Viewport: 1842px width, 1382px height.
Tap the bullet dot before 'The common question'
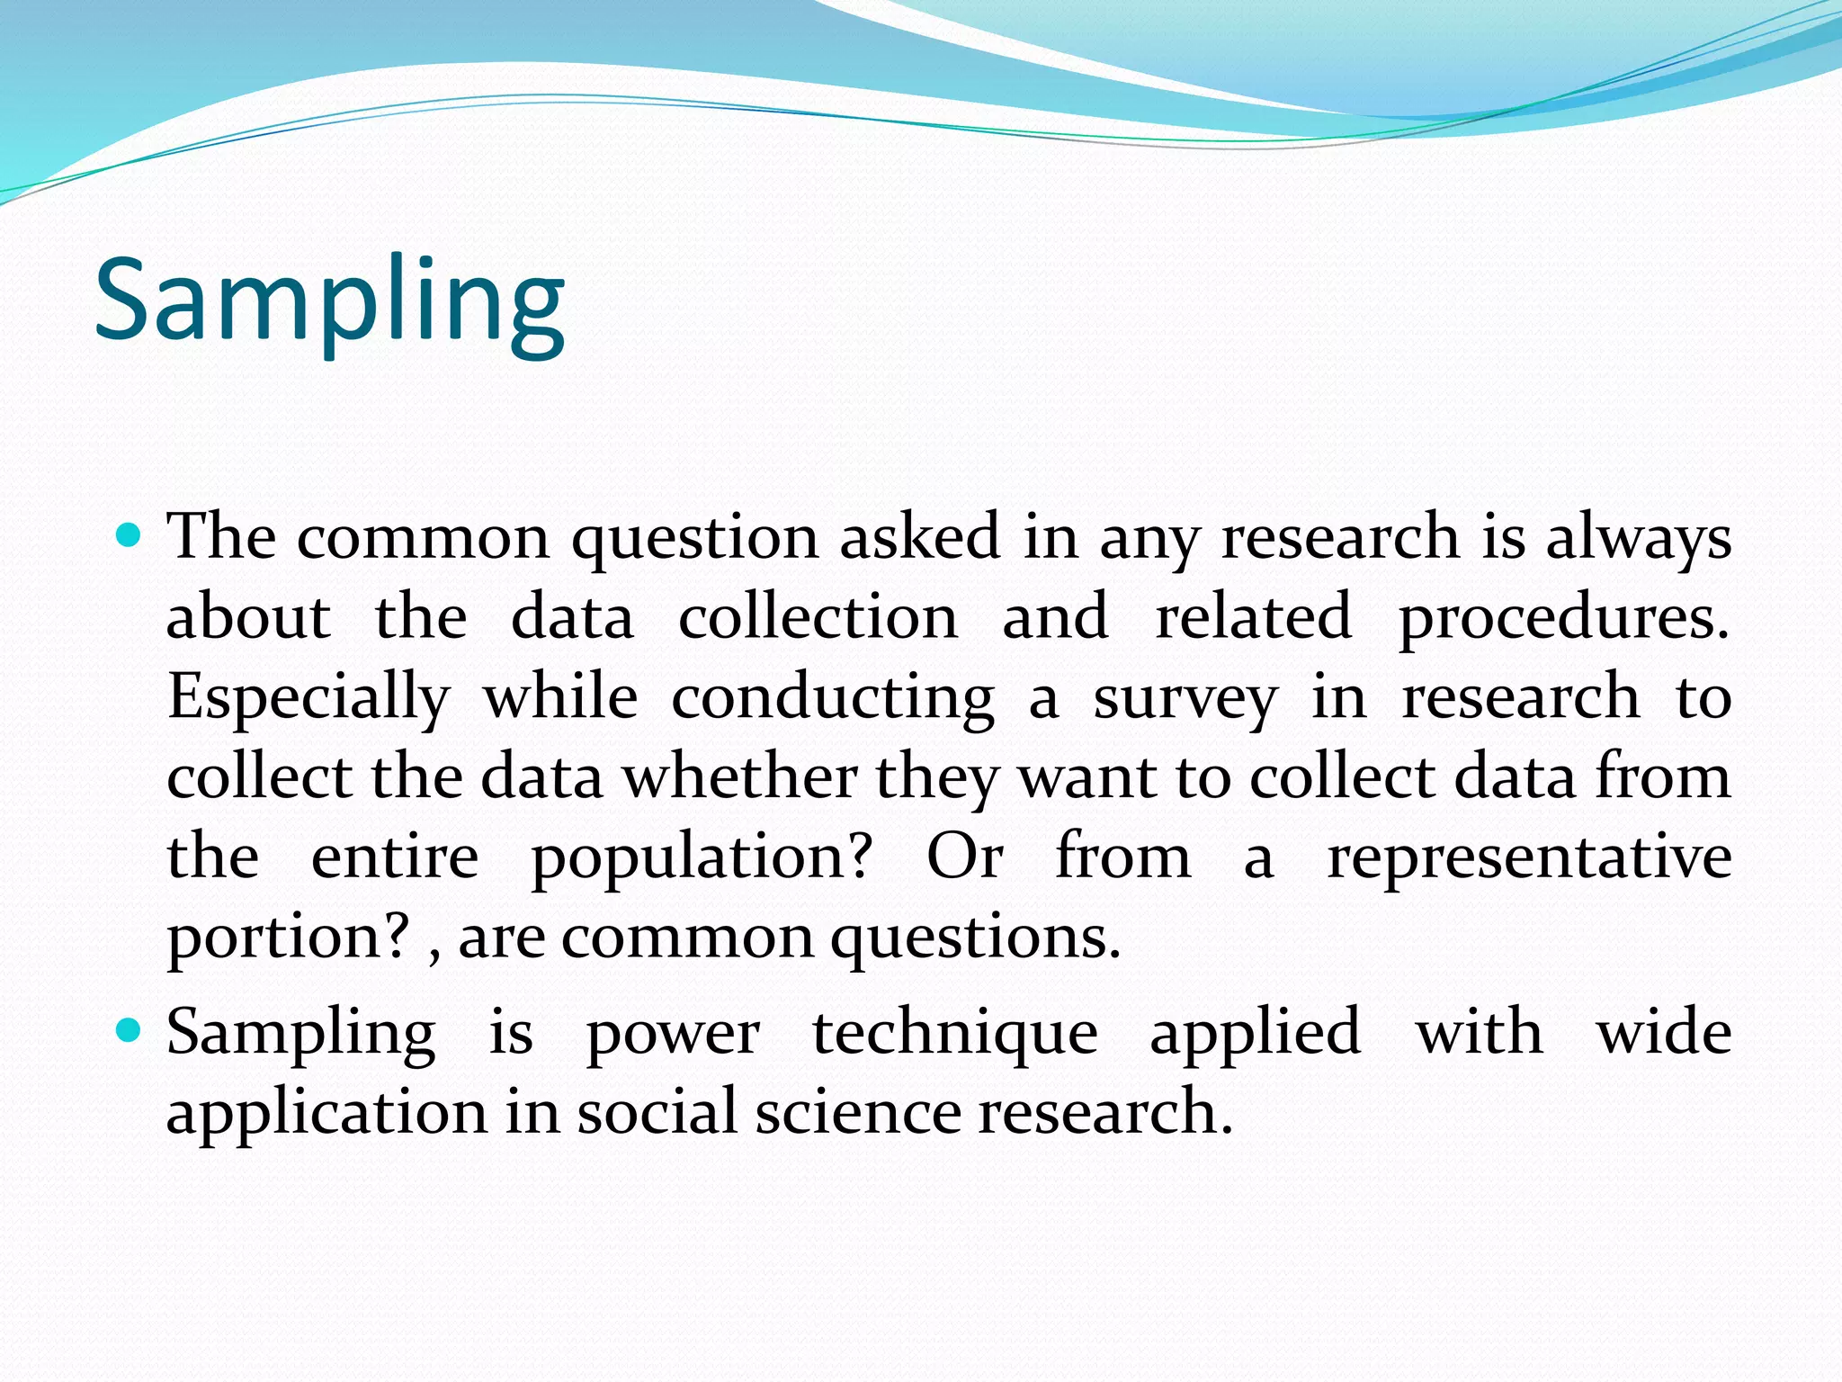[x=130, y=536]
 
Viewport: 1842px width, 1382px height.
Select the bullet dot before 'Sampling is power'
[x=130, y=1030]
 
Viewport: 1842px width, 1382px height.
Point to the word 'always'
[x=1638, y=538]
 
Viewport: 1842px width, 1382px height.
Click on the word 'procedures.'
[x=1563, y=619]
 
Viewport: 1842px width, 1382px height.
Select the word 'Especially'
[x=308, y=698]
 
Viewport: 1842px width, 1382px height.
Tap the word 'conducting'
[x=833, y=698]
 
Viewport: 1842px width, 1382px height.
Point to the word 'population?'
[x=702, y=857]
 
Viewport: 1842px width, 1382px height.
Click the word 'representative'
[x=1529, y=857]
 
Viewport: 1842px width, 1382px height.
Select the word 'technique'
[x=954, y=1033]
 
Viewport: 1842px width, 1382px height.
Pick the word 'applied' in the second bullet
[x=1255, y=1033]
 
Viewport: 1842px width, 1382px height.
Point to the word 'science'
[x=858, y=1112]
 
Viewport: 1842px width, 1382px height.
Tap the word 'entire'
[x=395, y=857]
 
